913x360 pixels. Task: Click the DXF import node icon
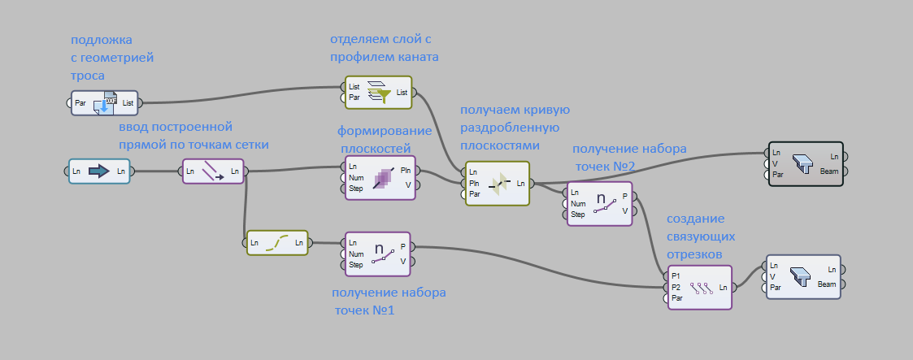click(105, 103)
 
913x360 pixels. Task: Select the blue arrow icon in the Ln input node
click(98, 171)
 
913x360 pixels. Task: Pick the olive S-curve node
click(277, 242)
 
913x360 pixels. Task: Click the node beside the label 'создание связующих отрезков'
click(699, 287)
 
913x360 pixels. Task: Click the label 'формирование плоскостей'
click(373, 139)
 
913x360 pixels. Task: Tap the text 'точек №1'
click(364, 310)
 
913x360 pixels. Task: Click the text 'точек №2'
click(606, 166)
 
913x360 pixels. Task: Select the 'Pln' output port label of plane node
click(406, 170)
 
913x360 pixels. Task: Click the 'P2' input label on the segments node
click(676, 287)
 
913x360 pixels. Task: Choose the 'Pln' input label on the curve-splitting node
click(475, 184)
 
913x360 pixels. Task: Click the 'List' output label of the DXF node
click(128, 103)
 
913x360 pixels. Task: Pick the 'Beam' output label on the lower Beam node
click(827, 284)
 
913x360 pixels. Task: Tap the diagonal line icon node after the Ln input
click(213, 171)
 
